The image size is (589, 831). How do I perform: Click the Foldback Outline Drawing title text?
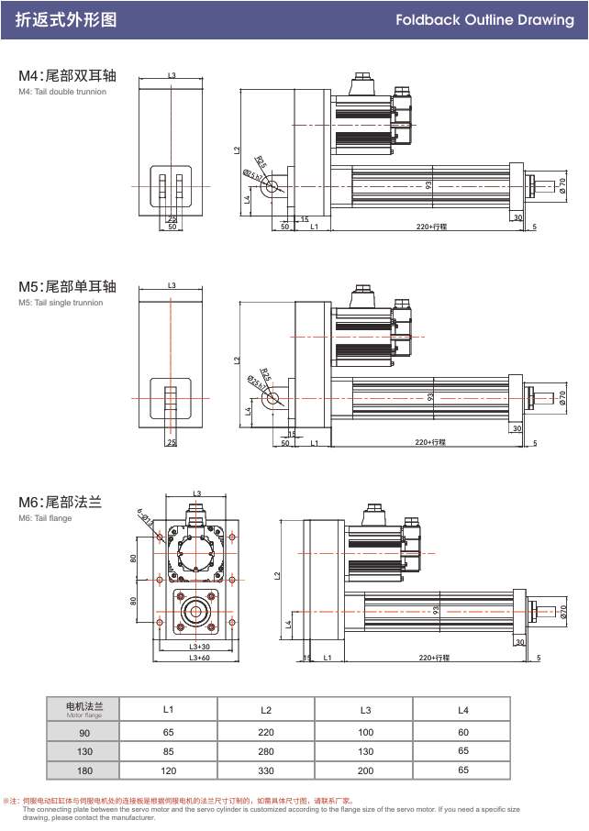(x=484, y=19)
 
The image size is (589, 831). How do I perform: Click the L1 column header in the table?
(x=168, y=709)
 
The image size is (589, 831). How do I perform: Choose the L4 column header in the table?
(x=462, y=709)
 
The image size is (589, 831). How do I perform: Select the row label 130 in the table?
(x=84, y=751)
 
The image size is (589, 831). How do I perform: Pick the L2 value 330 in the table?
(x=266, y=770)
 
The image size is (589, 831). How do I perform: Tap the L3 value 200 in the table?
(x=365, y=770)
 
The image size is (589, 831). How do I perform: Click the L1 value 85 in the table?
(x=168, y=751)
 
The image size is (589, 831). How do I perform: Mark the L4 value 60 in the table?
(x=462, y=732)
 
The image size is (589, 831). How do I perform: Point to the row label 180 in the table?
(x=84, y=770)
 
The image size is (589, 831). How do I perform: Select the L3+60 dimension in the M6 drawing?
(x=199, y=658)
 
